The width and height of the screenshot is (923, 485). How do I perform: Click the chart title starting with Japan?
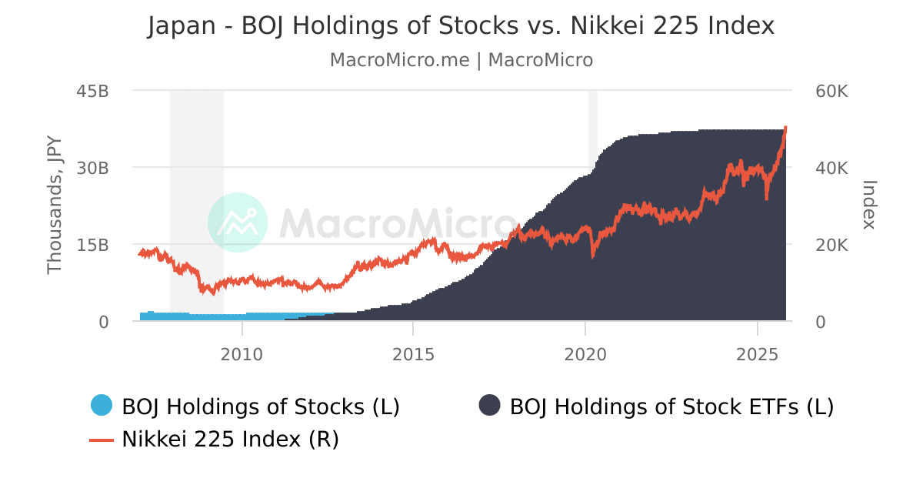(x=461, y=26)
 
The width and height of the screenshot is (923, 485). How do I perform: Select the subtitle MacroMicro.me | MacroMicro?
(x=461, y=60)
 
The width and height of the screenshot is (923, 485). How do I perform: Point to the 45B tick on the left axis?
(x=93, y=91)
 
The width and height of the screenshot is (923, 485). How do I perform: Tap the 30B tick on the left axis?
(x=93, y=168)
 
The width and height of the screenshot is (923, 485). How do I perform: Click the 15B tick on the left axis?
(x=93, y=245)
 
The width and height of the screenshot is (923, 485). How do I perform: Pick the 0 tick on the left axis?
(x=103, y=322)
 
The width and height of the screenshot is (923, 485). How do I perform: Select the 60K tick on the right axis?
(x=831, y=91)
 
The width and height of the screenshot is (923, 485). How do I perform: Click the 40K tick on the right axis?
(x=831, y=168)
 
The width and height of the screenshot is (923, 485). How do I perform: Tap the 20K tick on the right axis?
(x=831, y=245)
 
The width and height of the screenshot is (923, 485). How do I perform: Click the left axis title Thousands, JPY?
(x=54, y=206)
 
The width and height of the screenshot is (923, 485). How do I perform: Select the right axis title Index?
(x=869, y=205)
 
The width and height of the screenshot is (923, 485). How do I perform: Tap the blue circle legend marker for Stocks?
(x=102, y=405)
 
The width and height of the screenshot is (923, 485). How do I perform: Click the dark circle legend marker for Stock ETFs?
(x=489, y=405)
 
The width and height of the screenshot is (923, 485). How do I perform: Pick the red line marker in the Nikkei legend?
(x=102, y=440)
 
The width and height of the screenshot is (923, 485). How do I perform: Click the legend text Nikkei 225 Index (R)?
(x=230, y=440)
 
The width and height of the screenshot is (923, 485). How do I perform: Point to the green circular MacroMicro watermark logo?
(x=238, y=222)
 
